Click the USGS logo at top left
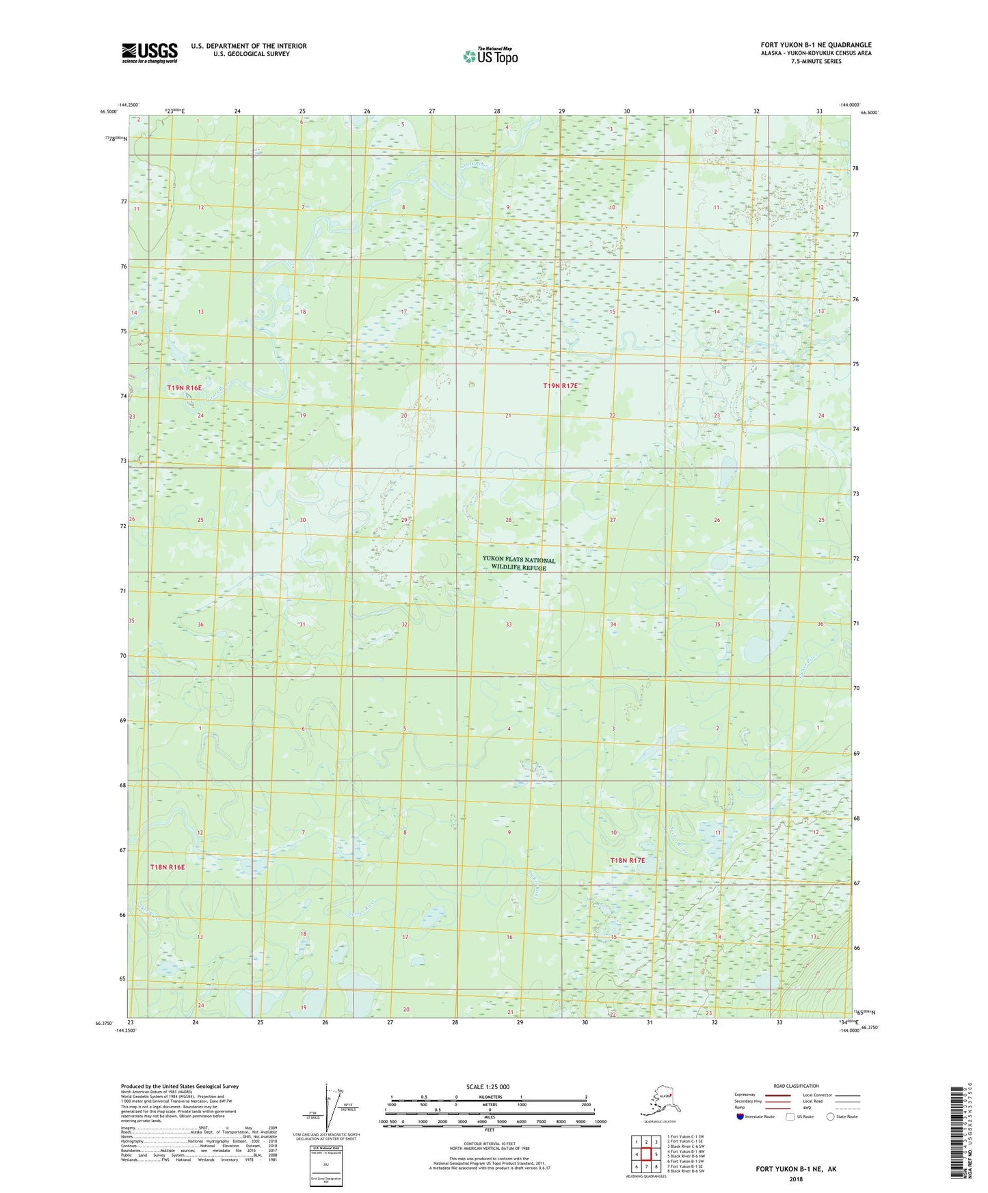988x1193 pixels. [x=149, y=53]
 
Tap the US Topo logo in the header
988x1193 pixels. [x=490, y=56]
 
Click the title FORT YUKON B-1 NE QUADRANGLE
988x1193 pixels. [x=816, y=45]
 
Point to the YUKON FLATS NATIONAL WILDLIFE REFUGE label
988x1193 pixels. [x=519, y=563]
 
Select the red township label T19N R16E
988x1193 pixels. [x=185, y=388]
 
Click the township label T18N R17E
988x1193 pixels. [x=628, y=860]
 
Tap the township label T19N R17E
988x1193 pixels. [x=561, y=386]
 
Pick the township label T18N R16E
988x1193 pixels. [x=168, y=867]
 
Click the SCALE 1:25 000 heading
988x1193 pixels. [x=488, y=1086]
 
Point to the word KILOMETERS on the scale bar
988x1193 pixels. [x=488, y=1097]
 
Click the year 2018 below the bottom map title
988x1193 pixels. [x=795, y=1179]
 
